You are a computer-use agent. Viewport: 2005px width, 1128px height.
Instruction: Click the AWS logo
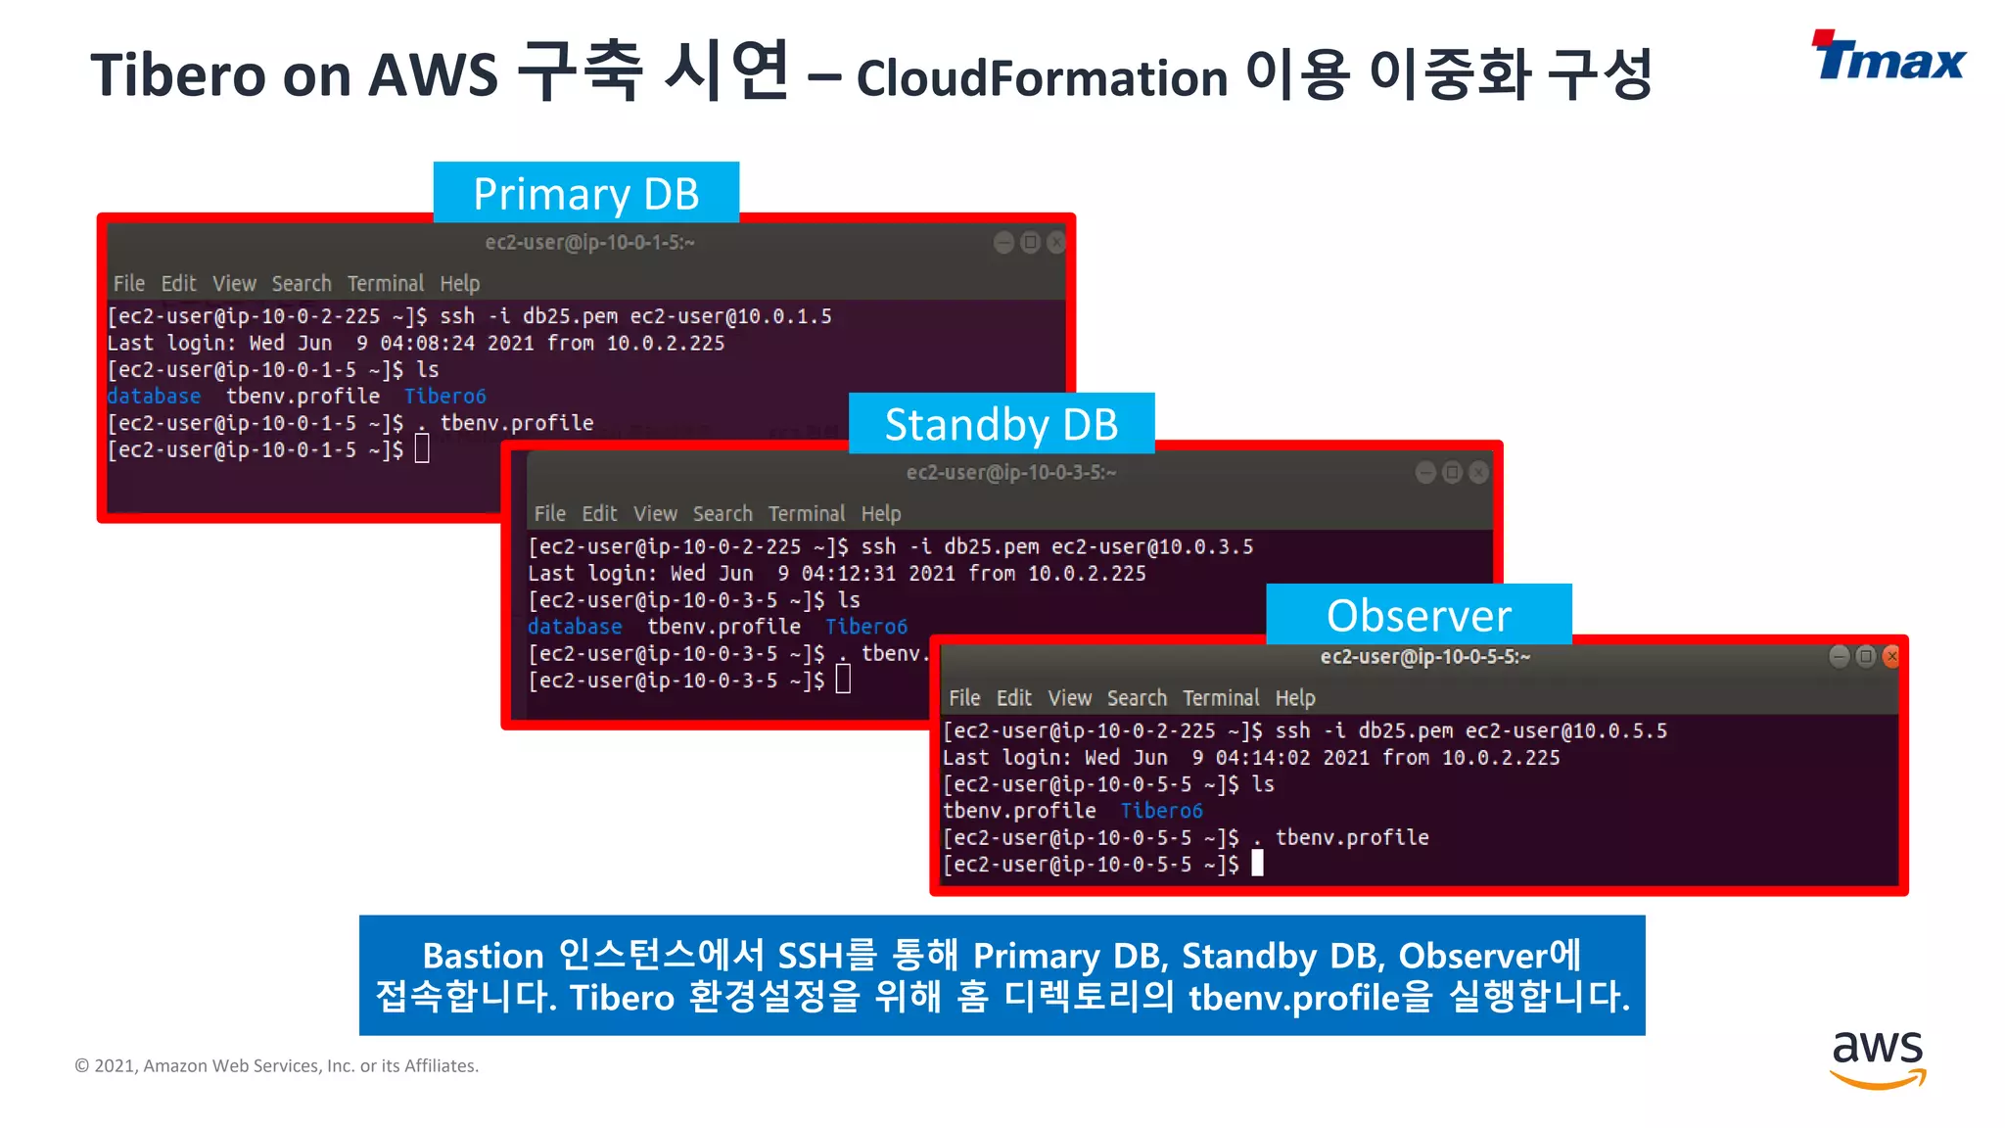click(1878, 1057)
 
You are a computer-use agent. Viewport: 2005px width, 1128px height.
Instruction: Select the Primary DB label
click(585, 193)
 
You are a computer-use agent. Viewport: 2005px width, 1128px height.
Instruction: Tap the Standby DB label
click(1001, 424)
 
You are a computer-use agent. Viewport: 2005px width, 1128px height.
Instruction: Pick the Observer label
click(1419, 615)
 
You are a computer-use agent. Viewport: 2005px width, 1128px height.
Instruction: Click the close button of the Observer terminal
click(1891, 656)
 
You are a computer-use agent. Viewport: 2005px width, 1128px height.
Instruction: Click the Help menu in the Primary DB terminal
click(459, 284)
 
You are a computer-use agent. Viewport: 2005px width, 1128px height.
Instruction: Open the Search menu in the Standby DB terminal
click(723, 514)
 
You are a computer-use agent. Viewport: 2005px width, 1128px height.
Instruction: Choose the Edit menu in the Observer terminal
click(1013, 698)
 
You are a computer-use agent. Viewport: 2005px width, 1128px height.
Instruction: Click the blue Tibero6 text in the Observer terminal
click(1161, 811)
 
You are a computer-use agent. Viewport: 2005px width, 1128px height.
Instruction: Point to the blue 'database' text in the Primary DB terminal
click(154, 397)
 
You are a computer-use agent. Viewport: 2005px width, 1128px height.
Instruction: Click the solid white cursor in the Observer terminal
click(1257, 863)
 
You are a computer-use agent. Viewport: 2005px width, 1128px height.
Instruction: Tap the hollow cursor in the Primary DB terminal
click(422, 448)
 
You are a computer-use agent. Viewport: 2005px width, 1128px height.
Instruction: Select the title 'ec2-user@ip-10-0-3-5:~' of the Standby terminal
click(1010, 473)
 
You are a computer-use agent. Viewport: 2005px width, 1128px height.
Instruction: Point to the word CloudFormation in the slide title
click(1042, 78)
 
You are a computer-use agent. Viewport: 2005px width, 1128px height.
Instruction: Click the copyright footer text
click(277, 1065)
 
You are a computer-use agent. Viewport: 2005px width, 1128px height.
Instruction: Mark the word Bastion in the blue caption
click(483, 956)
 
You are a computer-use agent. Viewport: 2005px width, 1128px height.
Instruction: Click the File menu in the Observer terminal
click(963, 698)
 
